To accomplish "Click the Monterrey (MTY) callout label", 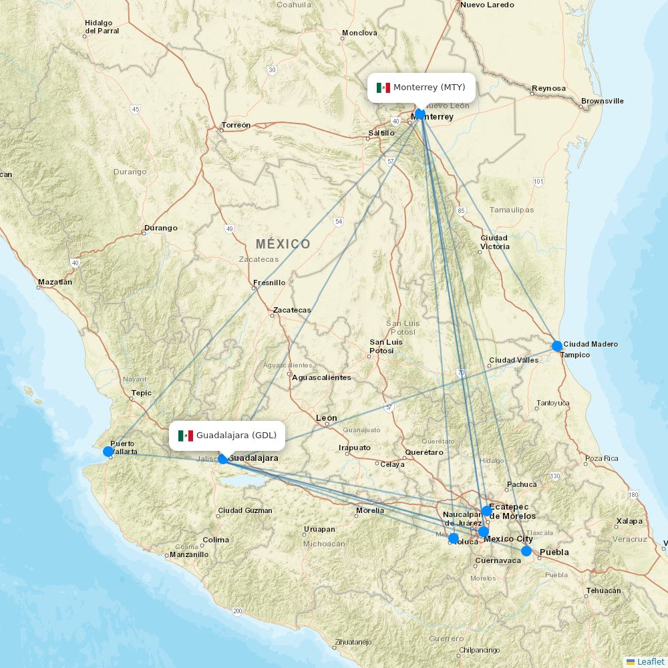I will [422, 88].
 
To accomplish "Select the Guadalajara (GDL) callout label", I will [227, 436].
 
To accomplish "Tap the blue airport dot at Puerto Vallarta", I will [108, 452].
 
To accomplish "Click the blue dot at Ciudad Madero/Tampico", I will [557, 346].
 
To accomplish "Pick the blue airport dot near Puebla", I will [526, 551].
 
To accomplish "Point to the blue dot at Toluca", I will [454, 538].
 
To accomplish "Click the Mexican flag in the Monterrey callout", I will [383, 88].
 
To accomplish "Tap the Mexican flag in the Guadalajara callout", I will [185, 436].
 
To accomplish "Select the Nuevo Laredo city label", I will [487, 5].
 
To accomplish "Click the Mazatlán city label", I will [55, 282].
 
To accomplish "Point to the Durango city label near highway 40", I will [160, 228].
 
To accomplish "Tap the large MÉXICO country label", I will [283, 244].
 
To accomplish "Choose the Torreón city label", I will [236, 125].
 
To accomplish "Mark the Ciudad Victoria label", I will [494, 242].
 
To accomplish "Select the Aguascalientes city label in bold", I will [321, 377].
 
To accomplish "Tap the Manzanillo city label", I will [189, 554].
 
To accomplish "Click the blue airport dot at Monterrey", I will [420, 114].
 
